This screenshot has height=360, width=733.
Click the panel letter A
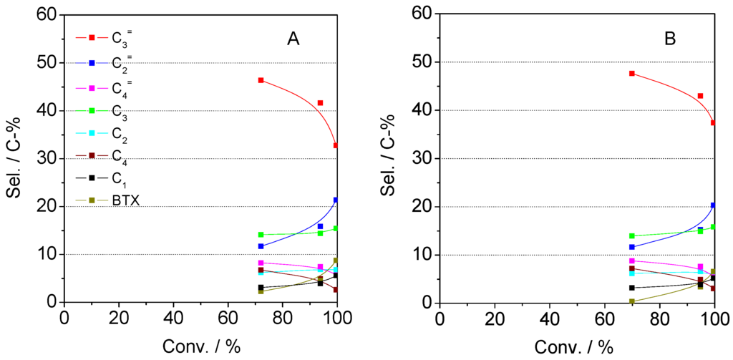coord(293,40)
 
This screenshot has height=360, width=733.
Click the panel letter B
coord(670,39)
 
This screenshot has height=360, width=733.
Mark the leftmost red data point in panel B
coord(631,73)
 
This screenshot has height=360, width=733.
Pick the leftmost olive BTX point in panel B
coord(631,301)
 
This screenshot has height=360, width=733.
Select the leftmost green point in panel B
coord(631,236)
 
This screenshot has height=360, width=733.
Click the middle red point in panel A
coord(320,103)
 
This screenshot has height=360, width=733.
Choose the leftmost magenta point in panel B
coord(631,261)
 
